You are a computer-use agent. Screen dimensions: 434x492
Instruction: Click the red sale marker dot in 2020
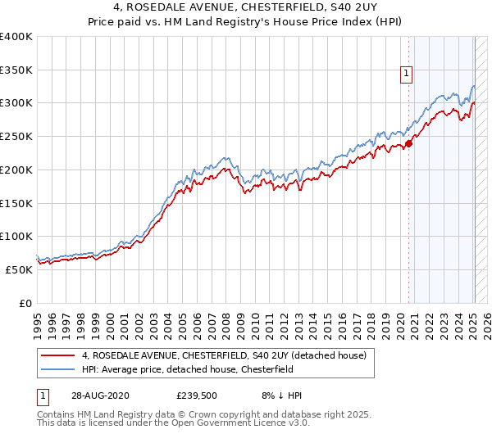click(x=408, y=142)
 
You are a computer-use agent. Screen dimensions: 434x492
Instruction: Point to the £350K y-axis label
click(x=16, y=70)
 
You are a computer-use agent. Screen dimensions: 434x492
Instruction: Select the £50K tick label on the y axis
click(x=20, y=269)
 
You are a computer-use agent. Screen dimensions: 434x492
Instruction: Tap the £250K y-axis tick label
click(x=16, y=137)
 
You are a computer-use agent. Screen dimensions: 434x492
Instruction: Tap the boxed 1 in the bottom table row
click(x=42, y=395)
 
